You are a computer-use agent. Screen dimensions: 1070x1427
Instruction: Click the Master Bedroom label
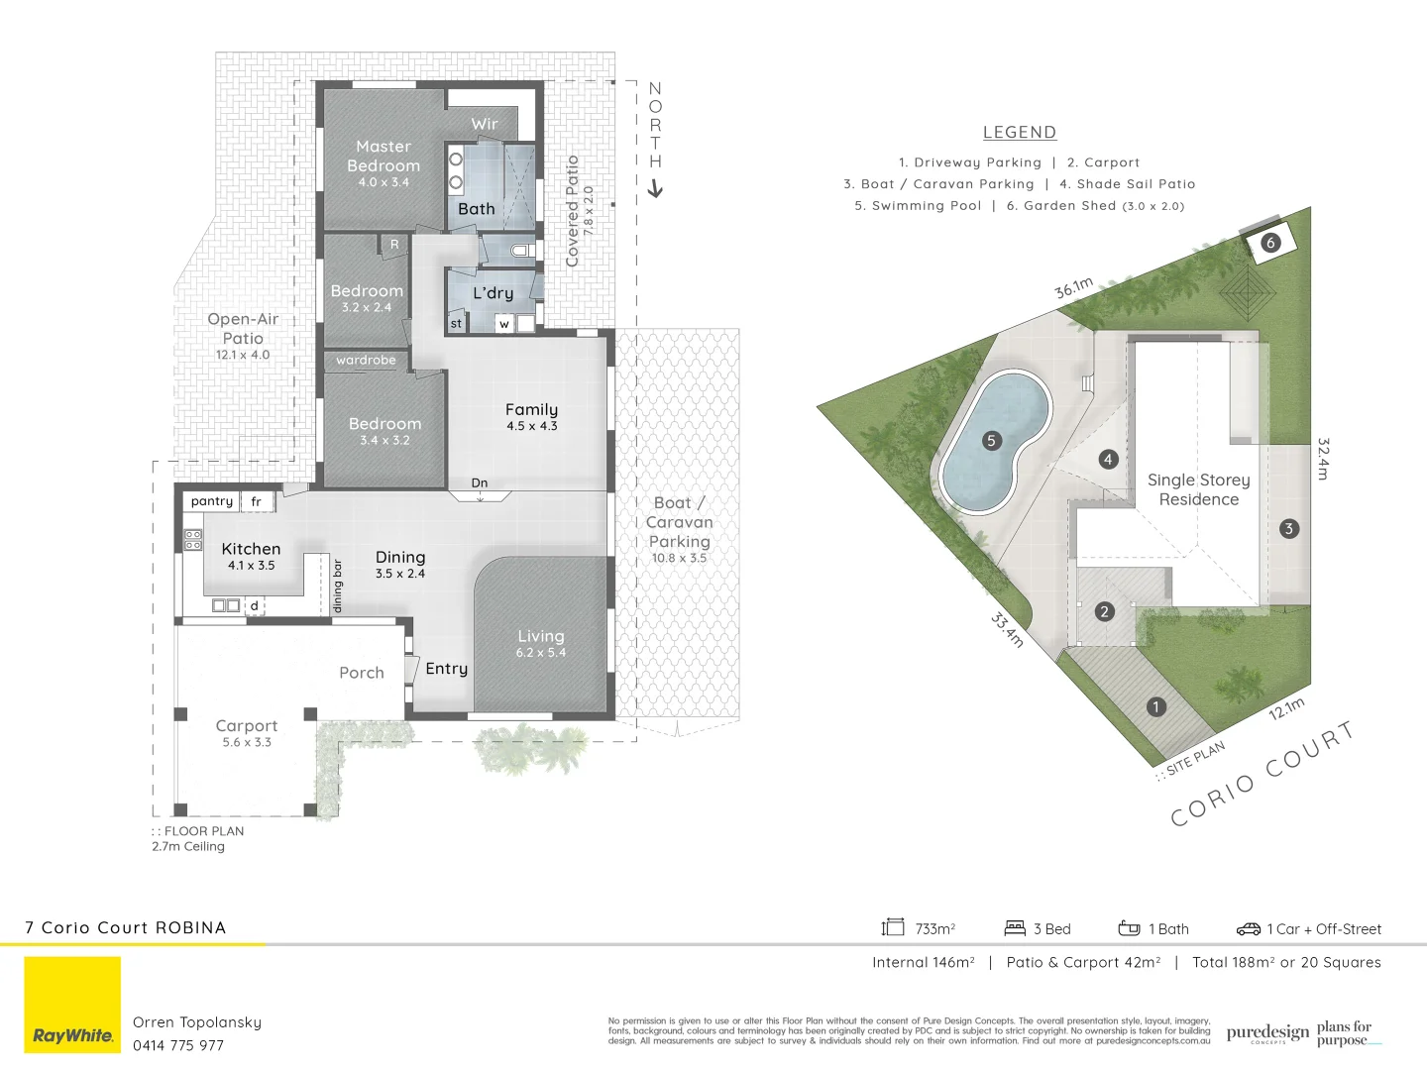tap(384, 157)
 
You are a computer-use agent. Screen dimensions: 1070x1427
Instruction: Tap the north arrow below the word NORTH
tap(655, 188)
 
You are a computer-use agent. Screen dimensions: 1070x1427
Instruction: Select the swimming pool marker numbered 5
tap(991, 441)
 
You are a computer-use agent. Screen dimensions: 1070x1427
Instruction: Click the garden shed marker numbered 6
tap(1269, 243)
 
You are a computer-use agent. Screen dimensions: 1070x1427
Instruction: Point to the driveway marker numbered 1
tap(1155, 706)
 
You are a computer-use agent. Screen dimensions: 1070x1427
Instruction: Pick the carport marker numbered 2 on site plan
tap(1104, 611)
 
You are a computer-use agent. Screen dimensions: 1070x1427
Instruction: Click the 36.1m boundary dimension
tap(1073, 288)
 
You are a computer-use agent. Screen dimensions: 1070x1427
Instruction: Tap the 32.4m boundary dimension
tap(1323, 459)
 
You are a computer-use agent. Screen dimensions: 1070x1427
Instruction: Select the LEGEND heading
tap(1020, 132)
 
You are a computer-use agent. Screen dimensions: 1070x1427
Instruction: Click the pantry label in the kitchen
tap(211, 501)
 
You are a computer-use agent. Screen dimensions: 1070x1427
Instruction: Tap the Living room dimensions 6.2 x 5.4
tap(540, 652)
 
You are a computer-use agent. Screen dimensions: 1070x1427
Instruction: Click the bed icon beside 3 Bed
tap(1015, 928)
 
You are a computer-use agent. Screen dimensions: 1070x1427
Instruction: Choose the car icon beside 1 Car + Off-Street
tap(1248, 929)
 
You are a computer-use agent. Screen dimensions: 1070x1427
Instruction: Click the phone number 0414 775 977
tap(178, 1045)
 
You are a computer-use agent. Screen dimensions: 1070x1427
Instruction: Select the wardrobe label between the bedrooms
tap(366, 360)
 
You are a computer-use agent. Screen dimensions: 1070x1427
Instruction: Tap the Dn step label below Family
tap(480, 483)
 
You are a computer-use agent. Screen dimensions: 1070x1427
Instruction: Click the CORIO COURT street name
tap(1262, 775)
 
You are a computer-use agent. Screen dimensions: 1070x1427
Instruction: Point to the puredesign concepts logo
tap(1267, 1033)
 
